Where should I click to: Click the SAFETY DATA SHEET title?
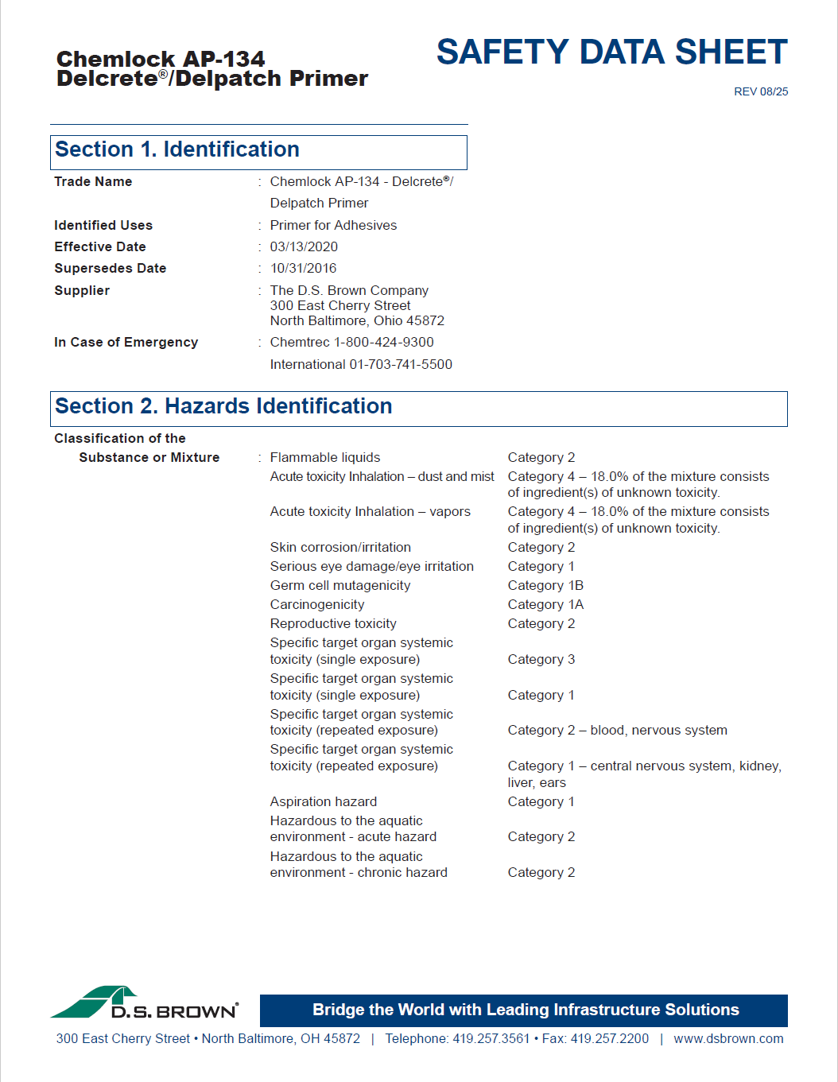coord(611,52)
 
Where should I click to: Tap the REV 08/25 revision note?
coord(761,91)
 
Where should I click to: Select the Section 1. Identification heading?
coord(177,149)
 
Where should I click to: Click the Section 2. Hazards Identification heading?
coord(223,406)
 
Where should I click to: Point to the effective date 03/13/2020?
coord(304,246)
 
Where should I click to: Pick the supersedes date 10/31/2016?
coord(303,268)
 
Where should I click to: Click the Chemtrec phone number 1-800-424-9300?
coord(384,342)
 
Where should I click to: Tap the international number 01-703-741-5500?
coord(401,364)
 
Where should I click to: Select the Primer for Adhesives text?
coord(333,225)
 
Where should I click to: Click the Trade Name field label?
coord(93,181)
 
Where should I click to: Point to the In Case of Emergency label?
coord(126,342)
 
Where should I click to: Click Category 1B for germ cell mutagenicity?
coord(545,585)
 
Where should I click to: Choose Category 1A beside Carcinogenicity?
coord(545,604)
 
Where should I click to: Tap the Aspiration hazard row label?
coord(324,801)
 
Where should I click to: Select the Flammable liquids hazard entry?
coord(325,457)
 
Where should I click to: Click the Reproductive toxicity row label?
coord(333,623)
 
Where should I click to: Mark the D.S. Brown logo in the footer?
coord(145,1004)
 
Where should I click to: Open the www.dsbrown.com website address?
coord(728,1038)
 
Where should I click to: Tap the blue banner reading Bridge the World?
coord(525,1010)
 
